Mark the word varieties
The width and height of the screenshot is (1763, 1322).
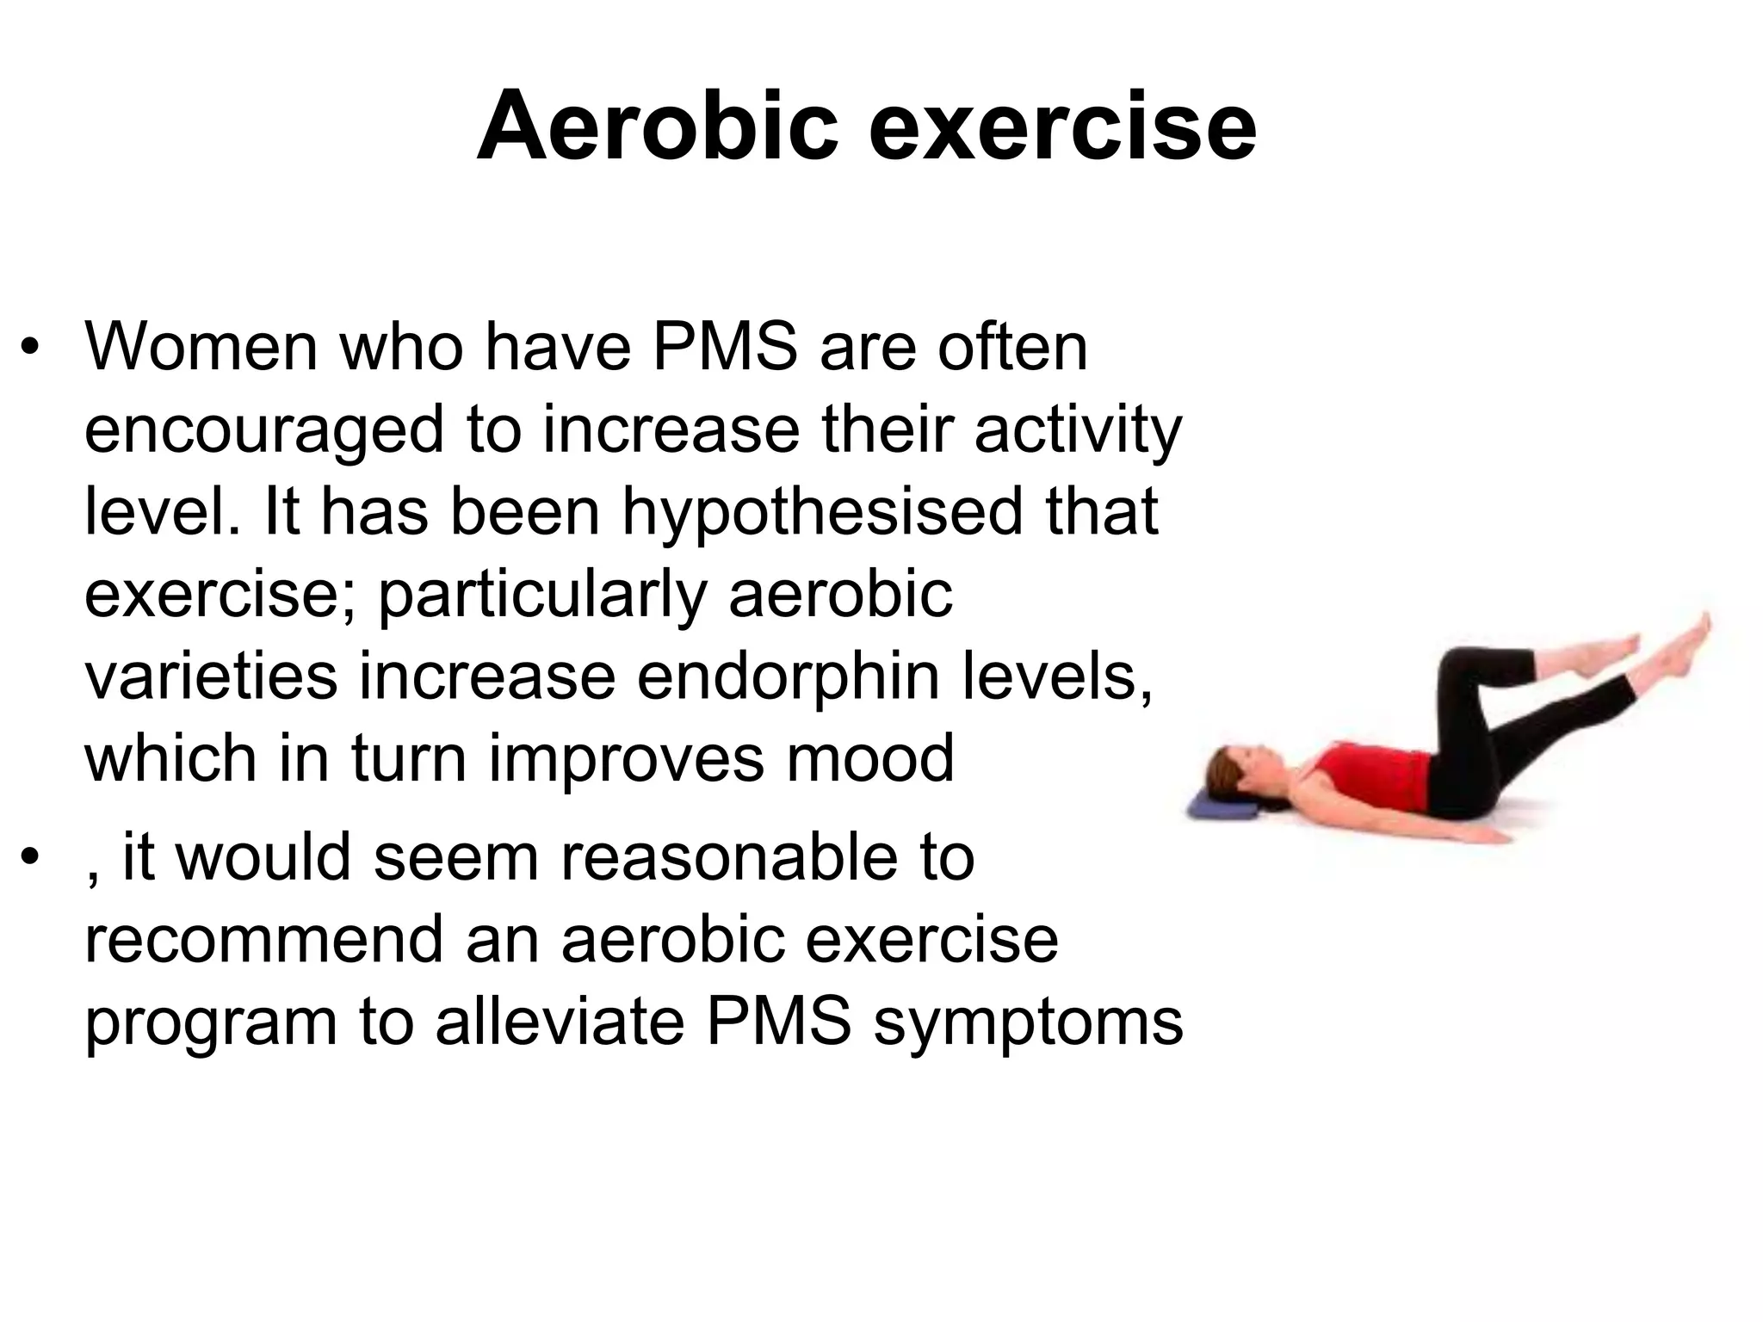click(x=211, y=676)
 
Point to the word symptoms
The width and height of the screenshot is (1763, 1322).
click(x=1028, y=1023)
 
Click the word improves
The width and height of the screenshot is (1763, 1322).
click(x=626, y=759)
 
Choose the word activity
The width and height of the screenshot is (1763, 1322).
click(x=1078, y=430)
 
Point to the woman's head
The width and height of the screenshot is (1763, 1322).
click(x=1240, y=769)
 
